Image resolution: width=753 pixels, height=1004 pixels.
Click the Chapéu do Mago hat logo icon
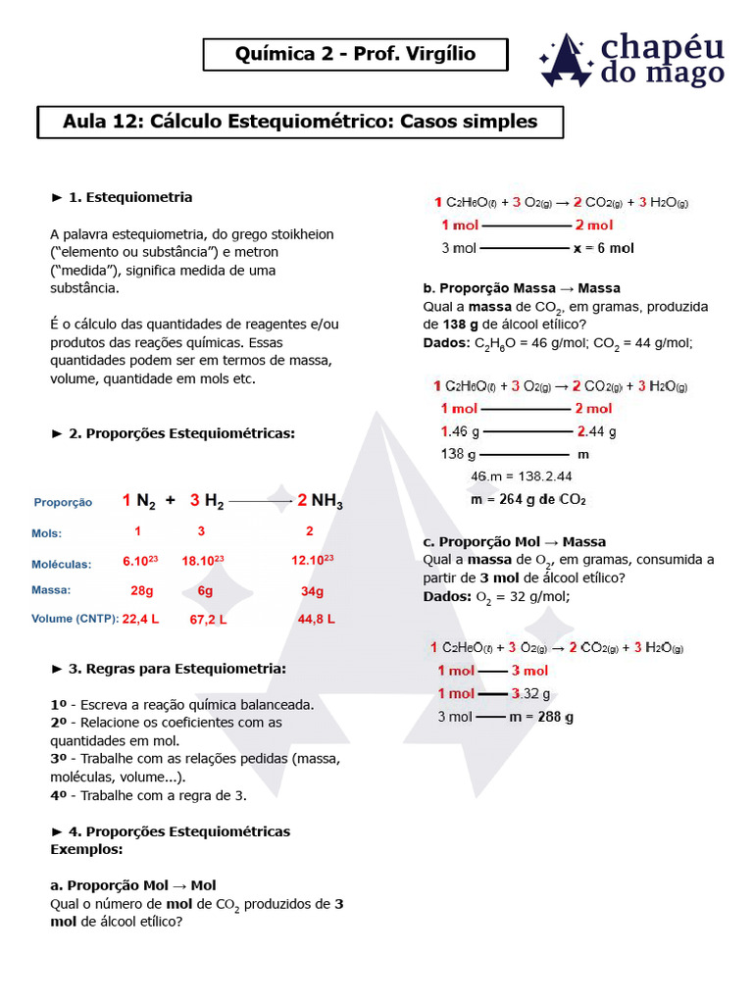coord(566,61)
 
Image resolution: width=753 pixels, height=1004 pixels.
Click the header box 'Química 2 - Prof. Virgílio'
coord(355,54)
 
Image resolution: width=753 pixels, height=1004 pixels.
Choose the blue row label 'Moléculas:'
coord(61,564)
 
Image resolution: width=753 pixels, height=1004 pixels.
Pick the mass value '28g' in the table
coord(141,591)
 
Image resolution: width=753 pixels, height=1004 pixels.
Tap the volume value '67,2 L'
coord(208,620)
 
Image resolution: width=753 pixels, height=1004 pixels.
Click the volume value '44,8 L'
coord(316,619)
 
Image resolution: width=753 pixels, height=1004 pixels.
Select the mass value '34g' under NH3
coord(312,591)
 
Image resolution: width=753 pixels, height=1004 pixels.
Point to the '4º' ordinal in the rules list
coord(60,795)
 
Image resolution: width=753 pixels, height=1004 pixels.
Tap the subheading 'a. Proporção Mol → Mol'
coord(132,884)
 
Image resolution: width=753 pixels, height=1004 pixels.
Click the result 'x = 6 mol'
coord(603,248)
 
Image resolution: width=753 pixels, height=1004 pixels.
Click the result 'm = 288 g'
coord(541,717)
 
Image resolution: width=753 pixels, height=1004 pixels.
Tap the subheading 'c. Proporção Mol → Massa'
coord(515,541)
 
